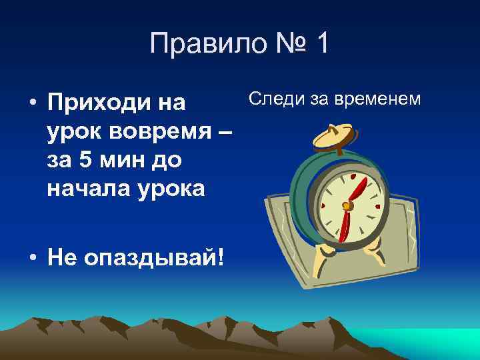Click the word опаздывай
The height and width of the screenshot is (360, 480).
click(152, 257)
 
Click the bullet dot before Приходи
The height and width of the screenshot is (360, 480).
click(31, 105)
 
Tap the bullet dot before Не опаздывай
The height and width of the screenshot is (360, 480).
click(31, 257)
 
